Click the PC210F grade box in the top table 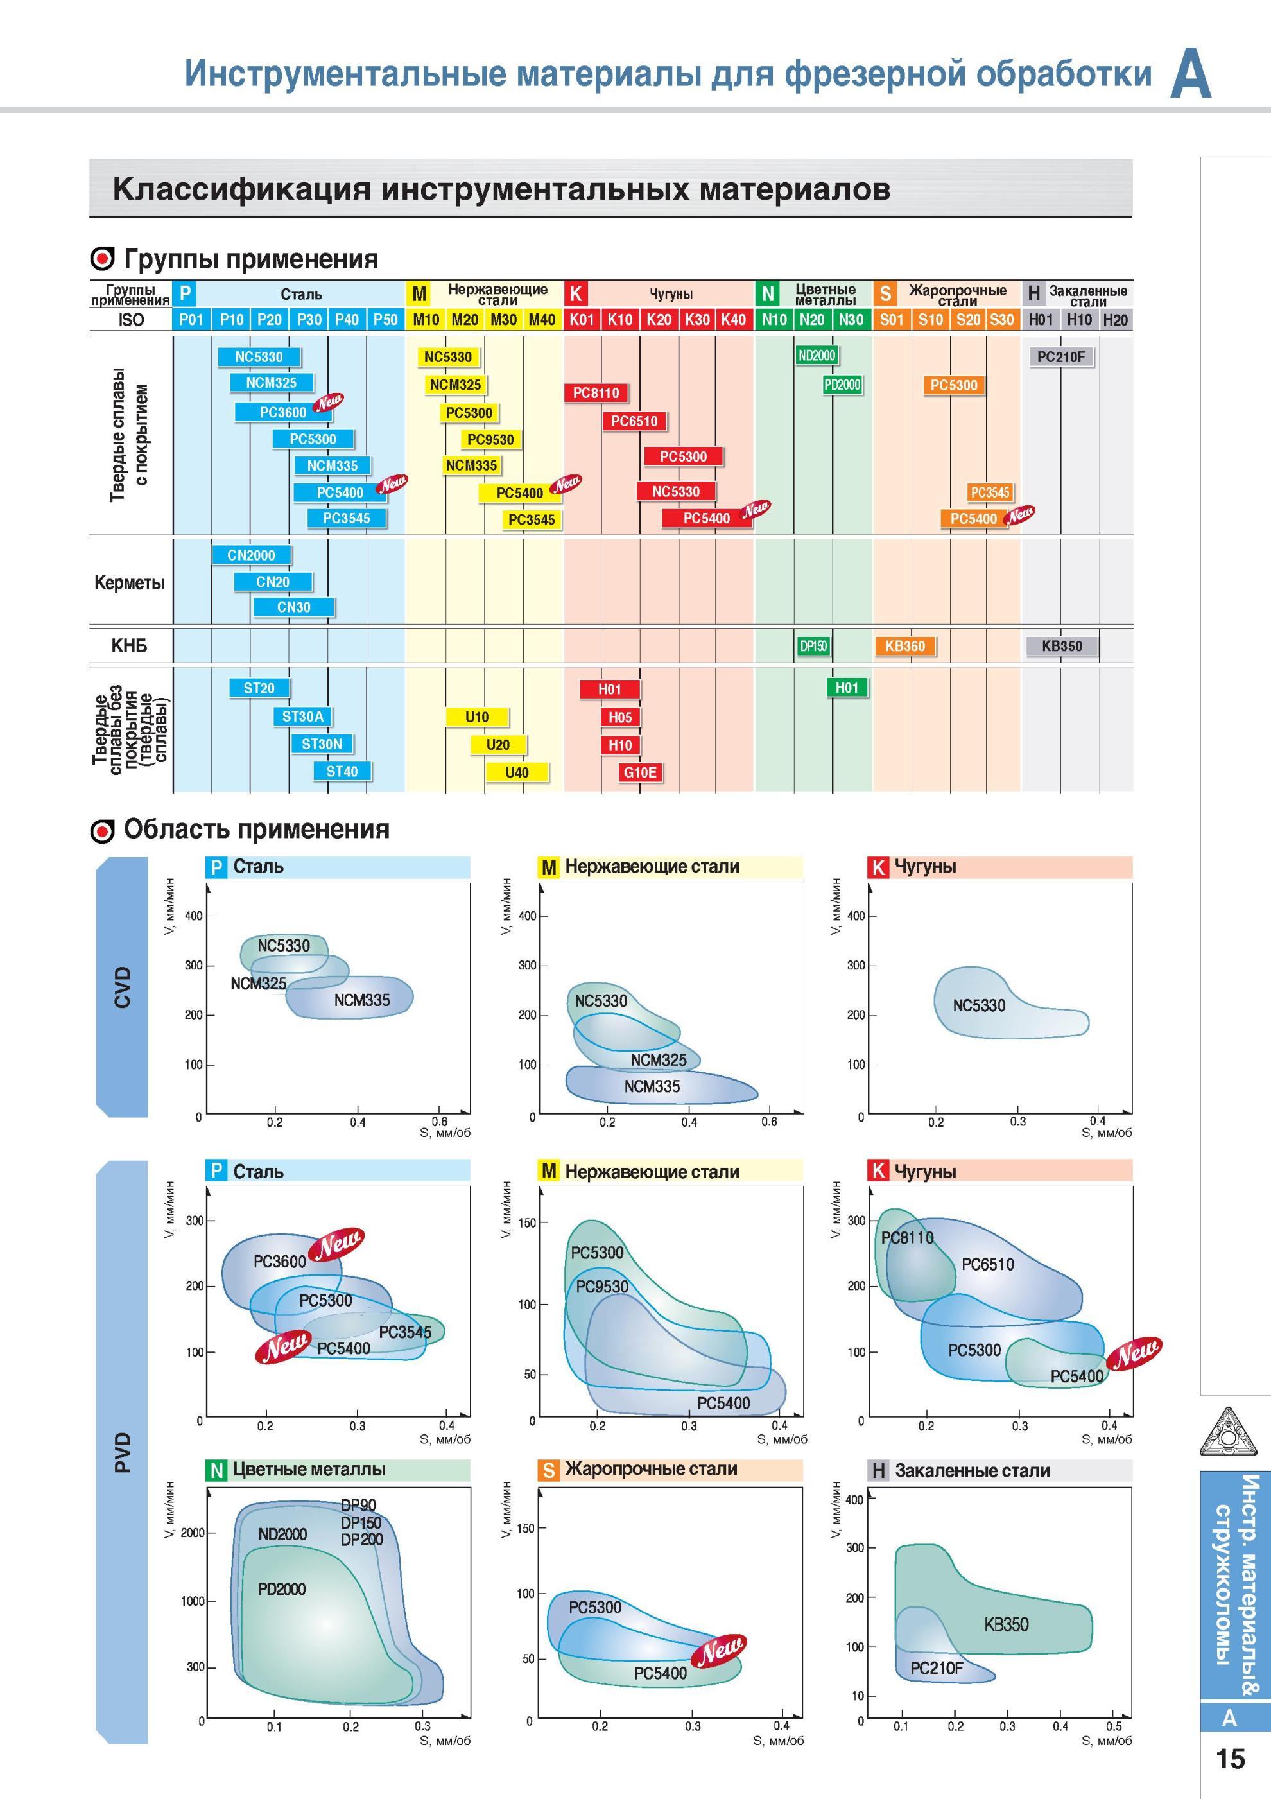click(1061, 357)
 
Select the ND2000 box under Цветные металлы click(817, 356)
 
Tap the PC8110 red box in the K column click(596, 392)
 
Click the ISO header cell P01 click(191, 319)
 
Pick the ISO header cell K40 click(734, 319)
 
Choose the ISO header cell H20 click(1115, 319)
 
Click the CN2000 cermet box click(251, 555)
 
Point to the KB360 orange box click(905, 646)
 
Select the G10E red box click(640, 772)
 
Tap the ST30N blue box click(321, 743)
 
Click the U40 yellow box click(516, 772)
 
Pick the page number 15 click(1231, 1759)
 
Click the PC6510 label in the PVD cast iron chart click(987, 1264)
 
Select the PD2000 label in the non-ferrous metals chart click(281, 1589)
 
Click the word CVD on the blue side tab click(122, 986)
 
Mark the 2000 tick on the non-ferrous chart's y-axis click(193, 1533)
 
